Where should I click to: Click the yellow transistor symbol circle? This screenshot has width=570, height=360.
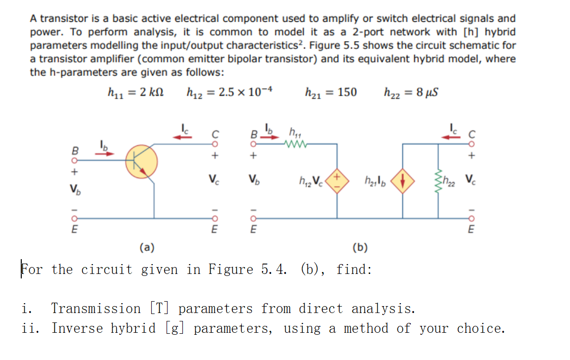click(141, 162)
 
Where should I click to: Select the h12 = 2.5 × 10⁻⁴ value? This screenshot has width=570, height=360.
click(230, 92)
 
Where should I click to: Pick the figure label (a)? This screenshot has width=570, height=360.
click(147, 246)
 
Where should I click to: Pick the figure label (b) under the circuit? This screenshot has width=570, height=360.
click(359, 247)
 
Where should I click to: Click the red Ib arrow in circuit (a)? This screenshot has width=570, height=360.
click(104, 153)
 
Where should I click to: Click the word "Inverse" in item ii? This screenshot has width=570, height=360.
click(73, 328)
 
